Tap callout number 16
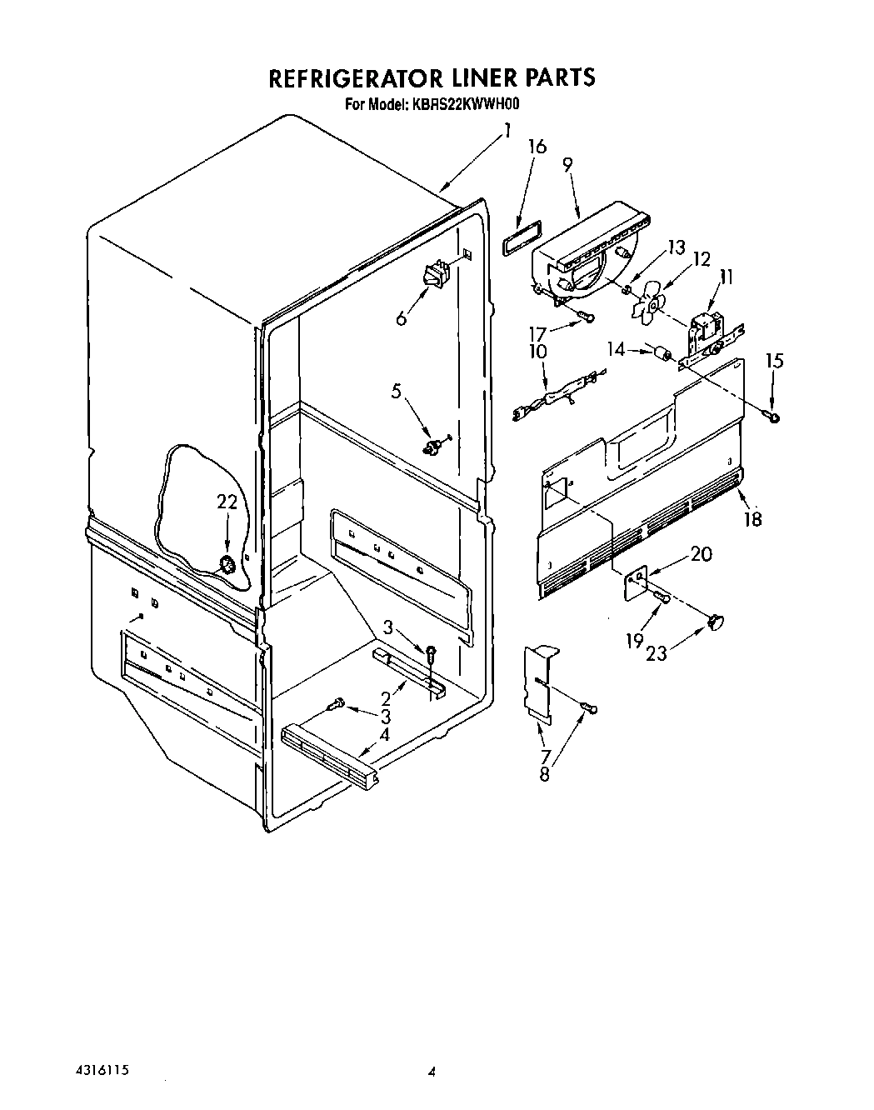pyautogui.click(x=537, y=147)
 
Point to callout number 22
pyautogui.click(x=227, y=502)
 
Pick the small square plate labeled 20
pyautogui.click(x=637, y=581)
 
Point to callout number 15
pyautogui.click(x=774, y=361)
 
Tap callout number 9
pyautogui.click(x=567, y=165)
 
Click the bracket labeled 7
pyautogui.click(x=540, y=680)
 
